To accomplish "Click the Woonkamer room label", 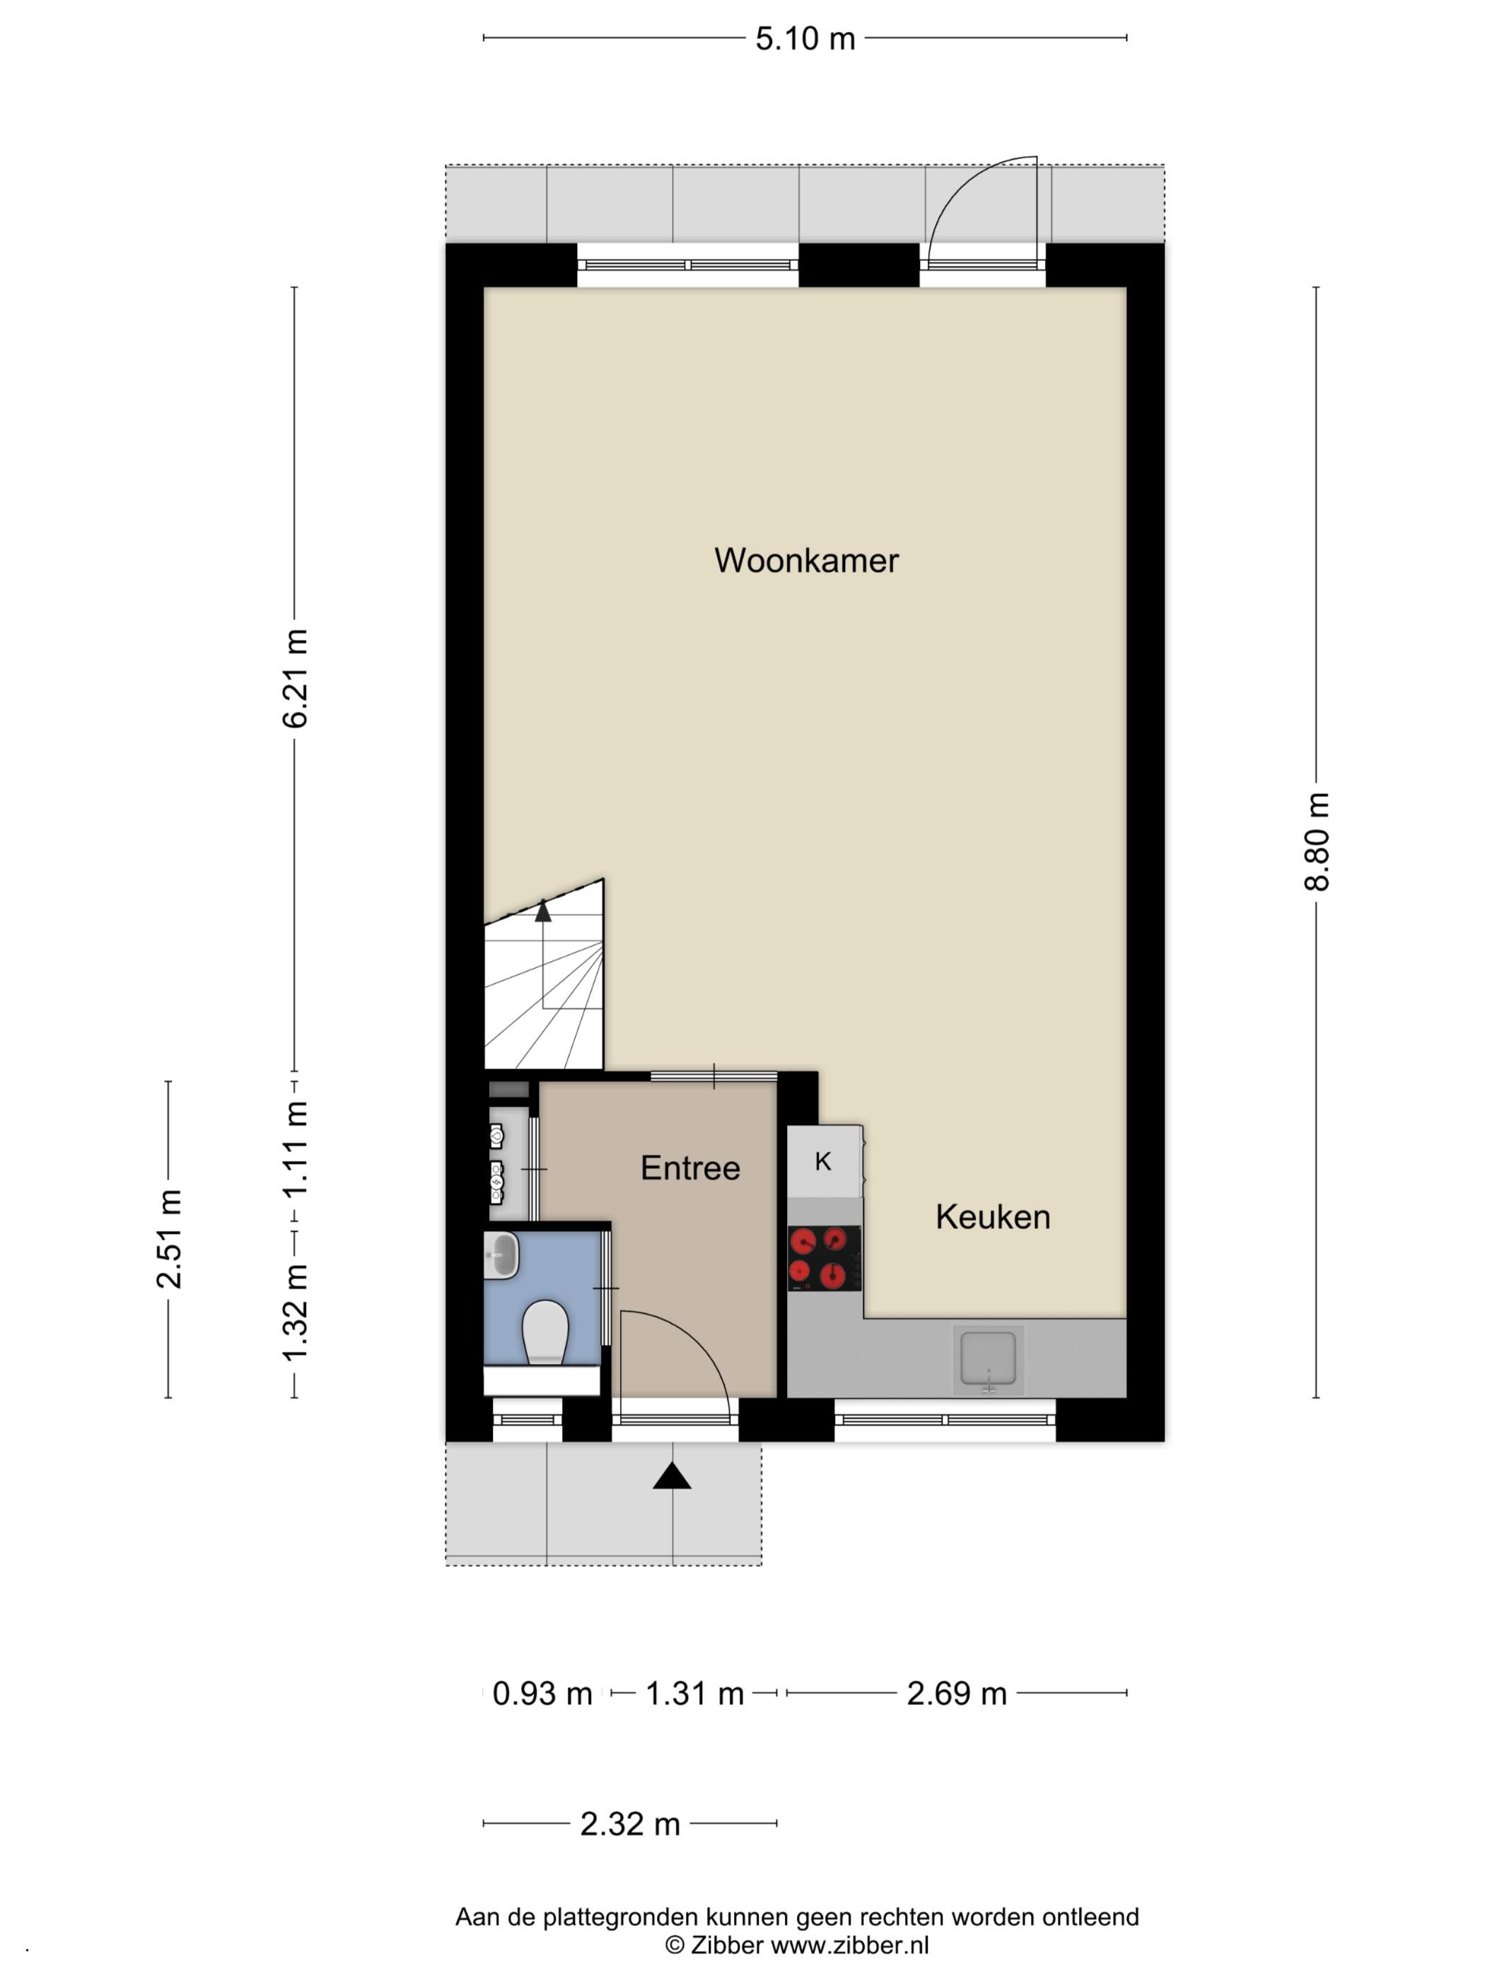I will (805, 560).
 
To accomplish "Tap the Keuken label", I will (992, 1216).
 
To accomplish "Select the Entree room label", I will (690, 1167).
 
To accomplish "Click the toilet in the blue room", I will (545, 1331).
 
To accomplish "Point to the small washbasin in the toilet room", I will (501, 1255).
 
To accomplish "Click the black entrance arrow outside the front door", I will (671, 1476).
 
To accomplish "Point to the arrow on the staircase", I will (542, 912).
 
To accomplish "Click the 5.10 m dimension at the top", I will (805, 38).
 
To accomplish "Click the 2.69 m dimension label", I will (956, 1694).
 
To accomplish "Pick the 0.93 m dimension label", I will (542, 1694).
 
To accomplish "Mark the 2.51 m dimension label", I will (168, 1239).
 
